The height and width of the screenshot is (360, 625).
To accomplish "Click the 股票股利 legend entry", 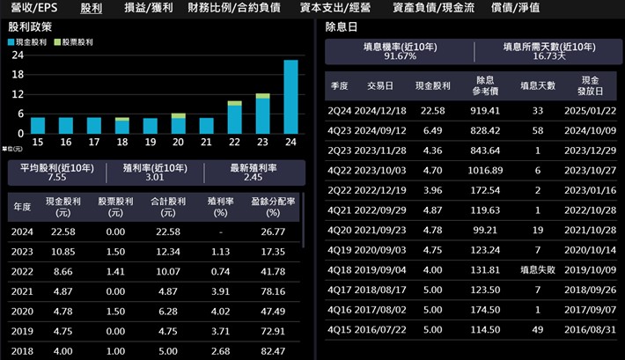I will click(75, 42).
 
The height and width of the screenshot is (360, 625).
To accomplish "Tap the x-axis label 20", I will click(179, 142).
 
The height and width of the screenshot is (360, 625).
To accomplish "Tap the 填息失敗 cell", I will click(537, 269).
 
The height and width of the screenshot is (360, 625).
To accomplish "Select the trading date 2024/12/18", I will click(386, 111).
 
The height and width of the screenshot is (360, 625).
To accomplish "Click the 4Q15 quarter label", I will click(339, 330).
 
